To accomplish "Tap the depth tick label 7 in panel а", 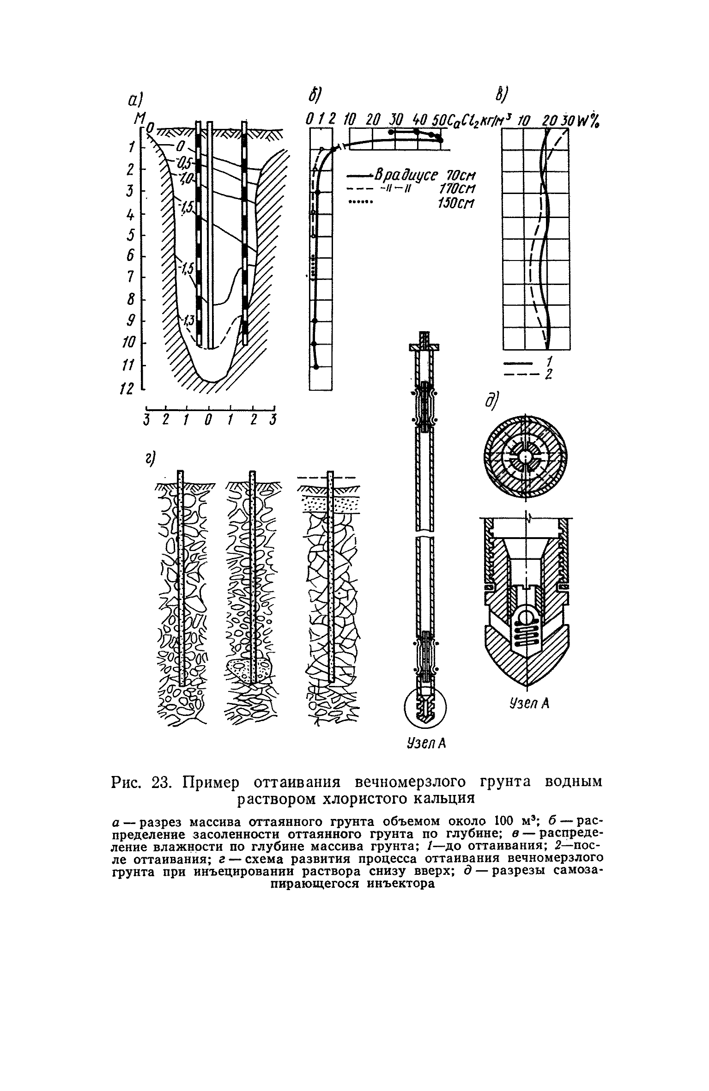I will click(130, 277).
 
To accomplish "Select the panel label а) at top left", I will click(136, 101).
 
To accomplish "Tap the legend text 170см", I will click(456, 189).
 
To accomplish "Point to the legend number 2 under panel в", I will click(548, 374).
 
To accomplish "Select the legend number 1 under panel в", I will click(548, 359).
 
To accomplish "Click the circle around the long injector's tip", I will click(425, 712).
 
